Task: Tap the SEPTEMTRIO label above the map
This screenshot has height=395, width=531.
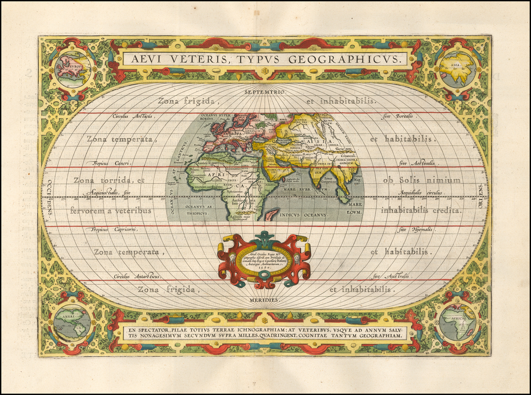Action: pyautogui.click(x=265, y=92)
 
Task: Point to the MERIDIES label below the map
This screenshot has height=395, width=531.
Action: pyautogui.click(x=265, y=300)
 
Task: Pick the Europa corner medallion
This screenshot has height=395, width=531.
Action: pyautogui.click(x=73, y=69)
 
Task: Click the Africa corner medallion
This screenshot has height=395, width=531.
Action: pyautogui.click(x=457, y=322)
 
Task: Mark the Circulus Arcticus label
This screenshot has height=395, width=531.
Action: pyautogui.click(x=133, y=116)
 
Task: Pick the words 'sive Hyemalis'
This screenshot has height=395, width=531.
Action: pyautogui.click(x=416, y=229)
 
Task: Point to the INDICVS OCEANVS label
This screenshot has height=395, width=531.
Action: pyautogui.click(x=303, y=214)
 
